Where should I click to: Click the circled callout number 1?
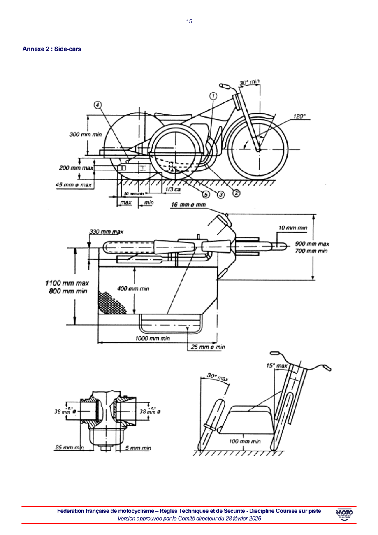click(213, 96)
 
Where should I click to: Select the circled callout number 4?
click(97, 105)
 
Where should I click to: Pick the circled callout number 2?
click(236, 191)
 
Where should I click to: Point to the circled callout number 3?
click(221, 195)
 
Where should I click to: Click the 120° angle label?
click(299, 116)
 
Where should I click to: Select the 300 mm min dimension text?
click(86, 134)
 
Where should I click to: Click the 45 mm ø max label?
click(74, 185)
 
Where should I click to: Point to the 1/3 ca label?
click(172, 189)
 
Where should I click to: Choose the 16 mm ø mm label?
click(188, 205)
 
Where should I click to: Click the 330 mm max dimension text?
click(106, 232)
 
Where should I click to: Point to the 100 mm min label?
click(244, 441)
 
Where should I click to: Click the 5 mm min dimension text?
click(138, 448)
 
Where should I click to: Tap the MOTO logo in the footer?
click(344, 514)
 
